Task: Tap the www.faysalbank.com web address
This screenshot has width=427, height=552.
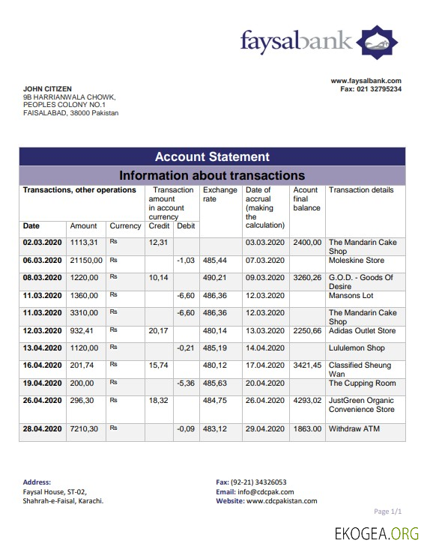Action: [x=366, y=81]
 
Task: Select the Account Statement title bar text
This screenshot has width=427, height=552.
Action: [x=212, y=157]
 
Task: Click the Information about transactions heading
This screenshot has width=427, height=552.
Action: [x=212, y=175]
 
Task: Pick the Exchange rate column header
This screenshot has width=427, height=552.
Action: [x=219, y=195]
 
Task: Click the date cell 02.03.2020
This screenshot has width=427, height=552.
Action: [x=42, y=243]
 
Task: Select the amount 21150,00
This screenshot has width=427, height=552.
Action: [x=86, y=260]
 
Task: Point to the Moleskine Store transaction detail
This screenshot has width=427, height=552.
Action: [x=356, y=260]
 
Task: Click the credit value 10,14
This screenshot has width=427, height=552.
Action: [x=158, y=277]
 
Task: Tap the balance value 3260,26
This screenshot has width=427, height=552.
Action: [x=307, y=277]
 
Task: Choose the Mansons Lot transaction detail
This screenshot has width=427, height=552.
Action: [x=351, y=296]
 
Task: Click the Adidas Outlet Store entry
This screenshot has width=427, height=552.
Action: [x=362, y=331]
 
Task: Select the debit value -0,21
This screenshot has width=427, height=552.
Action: [x=186, y=348]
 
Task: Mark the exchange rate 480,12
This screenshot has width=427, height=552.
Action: [x=214, y=366]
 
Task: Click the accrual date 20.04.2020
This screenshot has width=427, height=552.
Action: [x=264, y=383]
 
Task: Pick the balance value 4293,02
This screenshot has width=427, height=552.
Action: [x=307, y=401]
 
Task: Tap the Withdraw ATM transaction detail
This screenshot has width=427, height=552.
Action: [x=355, y=429]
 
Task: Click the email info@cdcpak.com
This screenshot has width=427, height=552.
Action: [x=260, y=492]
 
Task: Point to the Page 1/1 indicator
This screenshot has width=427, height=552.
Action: [x=388, y=512]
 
